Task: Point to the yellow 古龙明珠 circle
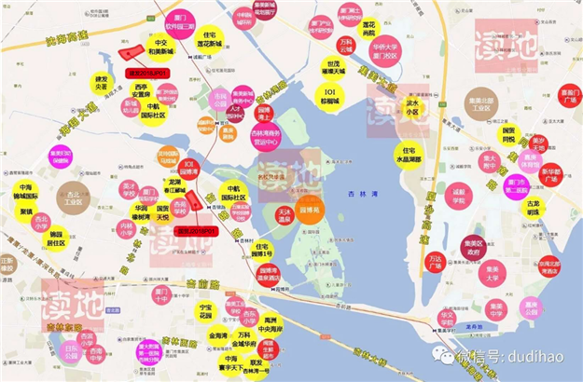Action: [531, 207]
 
